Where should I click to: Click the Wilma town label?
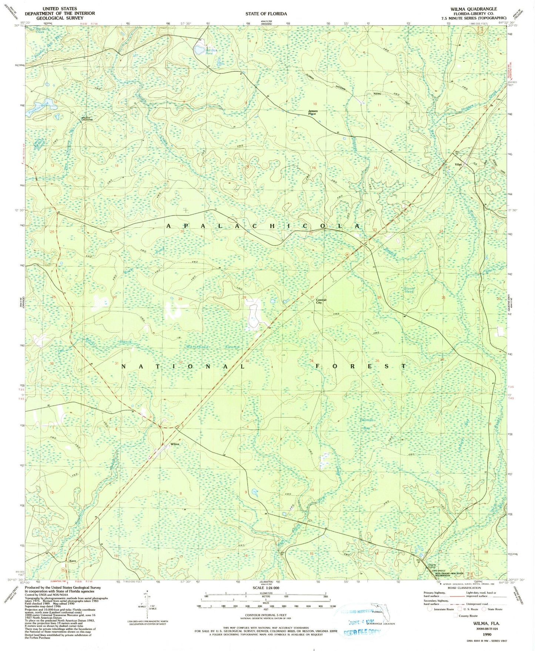pyautogui.click(x=175, y=444)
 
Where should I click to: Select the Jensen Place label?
pyautogui.click(x=312, y=113)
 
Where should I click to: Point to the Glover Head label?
pyautogui.click(x=409, y=290)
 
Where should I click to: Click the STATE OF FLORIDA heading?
pyautogui.click(x=266, y=14)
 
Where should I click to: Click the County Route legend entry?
pyautogui.click(x=468, y=616)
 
